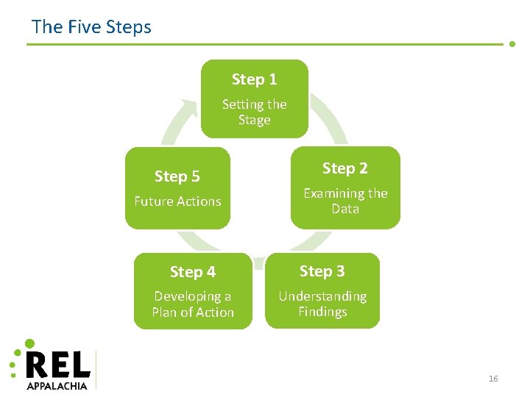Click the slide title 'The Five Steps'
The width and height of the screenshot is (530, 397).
[91, 27]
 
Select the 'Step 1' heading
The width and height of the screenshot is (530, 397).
[254, 79]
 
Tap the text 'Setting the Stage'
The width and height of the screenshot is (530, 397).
[254, 112]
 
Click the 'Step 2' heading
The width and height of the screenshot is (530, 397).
[344, 168]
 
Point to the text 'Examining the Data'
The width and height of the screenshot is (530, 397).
[344, 201]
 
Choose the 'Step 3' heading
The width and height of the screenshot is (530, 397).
[322, 271]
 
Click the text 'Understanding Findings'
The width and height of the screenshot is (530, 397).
[322, 304]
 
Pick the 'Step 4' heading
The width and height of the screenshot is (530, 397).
[192, 272]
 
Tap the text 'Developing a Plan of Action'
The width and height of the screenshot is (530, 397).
[192, 304]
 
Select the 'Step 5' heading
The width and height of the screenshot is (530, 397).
[177, 176]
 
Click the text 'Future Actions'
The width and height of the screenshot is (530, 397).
[177, 201]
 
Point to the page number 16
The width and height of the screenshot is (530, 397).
[492, 379]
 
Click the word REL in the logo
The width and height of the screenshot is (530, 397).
[57, 365]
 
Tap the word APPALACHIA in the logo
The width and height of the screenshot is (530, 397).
[57, 385]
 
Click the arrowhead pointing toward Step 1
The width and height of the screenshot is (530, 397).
[189, 109]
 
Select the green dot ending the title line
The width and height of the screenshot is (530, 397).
[512, 43]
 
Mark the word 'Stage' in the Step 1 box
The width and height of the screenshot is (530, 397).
[254, 120]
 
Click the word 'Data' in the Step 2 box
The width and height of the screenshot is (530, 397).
[344, 209]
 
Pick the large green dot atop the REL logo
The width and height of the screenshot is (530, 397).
[29, 343]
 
